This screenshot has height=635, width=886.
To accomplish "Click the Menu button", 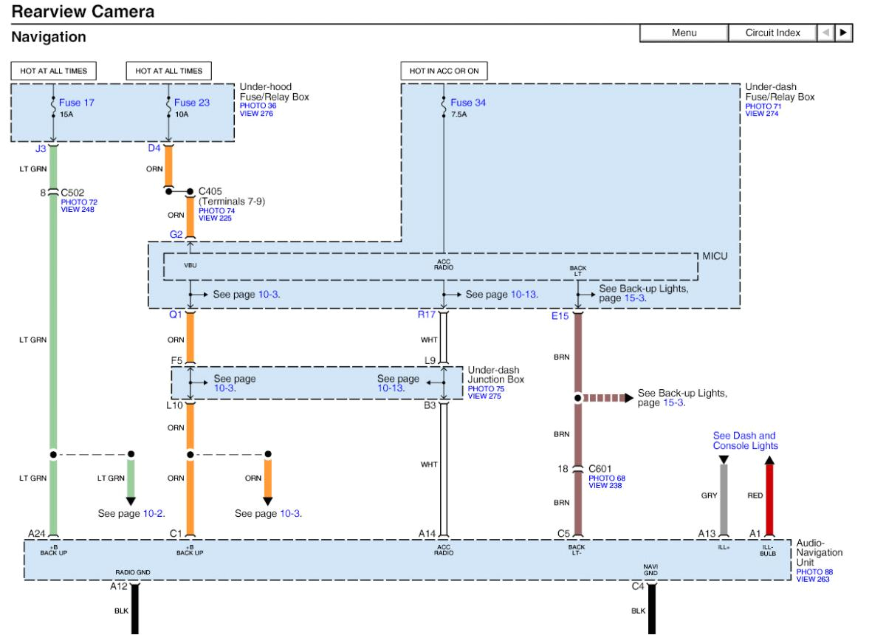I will [683, 33].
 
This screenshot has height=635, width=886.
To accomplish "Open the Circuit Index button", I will [772, 33].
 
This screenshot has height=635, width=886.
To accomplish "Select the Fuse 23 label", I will [192, 103].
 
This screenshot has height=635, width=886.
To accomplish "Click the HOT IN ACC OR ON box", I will [444, 71].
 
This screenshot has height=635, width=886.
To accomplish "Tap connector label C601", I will [601, 468].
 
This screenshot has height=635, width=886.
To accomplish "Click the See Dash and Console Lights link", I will [744, 441].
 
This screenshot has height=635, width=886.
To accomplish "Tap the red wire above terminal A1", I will [770, 498].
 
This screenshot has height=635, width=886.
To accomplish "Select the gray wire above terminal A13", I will [724, 498].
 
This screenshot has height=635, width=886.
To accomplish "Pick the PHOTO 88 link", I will [813, 571].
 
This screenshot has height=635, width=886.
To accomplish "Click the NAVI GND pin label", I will [650, 569].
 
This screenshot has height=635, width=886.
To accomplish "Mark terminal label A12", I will [118, 586].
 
